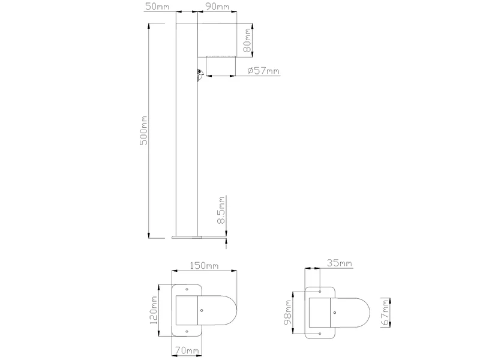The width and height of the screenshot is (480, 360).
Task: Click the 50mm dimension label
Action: coord(157,7)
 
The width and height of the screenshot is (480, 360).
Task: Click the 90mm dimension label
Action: coord(217,7)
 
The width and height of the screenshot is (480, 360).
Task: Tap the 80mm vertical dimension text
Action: coord(247,40)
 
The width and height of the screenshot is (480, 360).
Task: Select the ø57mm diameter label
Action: coord(263,71)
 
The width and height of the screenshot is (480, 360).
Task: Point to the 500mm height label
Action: coord(143,130)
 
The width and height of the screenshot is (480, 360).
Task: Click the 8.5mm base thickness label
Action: coord(221,211)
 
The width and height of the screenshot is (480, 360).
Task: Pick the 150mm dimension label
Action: coord(204,265)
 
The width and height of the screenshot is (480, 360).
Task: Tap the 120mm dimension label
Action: coord(154,310)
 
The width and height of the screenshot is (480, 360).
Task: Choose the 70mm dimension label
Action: coord(187,351)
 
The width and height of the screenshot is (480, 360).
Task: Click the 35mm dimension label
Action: coord(340,263)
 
